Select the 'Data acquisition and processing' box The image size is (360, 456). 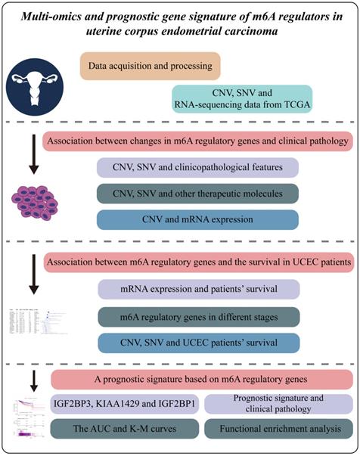click(x=149, y=66)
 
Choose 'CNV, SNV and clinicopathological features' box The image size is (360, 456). click(x=198, y=167)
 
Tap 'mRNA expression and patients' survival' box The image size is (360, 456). click(x=198, y=289)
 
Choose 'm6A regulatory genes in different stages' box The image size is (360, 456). click(x=198, y=315)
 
